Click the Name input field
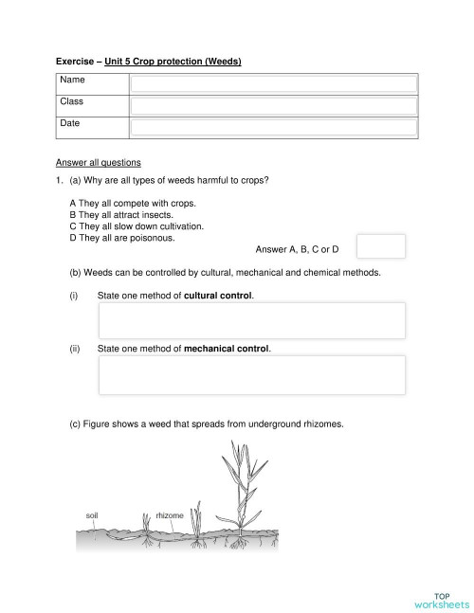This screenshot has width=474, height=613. point(273,83)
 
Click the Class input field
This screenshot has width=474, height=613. point(273,105)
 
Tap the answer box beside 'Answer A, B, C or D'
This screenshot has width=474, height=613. point(382,246)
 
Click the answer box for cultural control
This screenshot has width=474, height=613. point(252,320)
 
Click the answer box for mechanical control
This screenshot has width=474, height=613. point(252,375)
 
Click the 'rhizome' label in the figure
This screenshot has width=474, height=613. point(170,515)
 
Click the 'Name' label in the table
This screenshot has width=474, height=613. point(72,81)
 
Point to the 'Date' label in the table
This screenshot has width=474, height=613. point(70,123)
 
